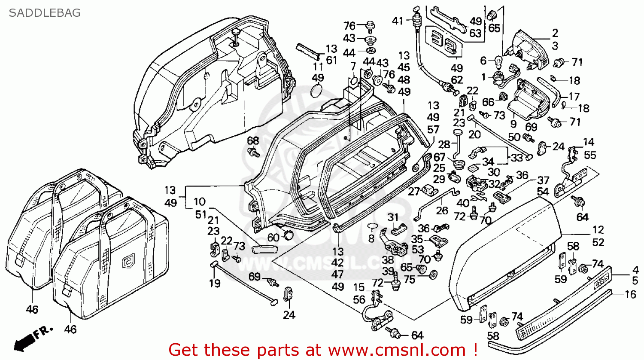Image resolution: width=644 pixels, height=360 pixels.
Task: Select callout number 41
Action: click(x=398, y=20)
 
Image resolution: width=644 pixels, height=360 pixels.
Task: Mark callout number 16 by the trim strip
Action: click(x=630, y=294)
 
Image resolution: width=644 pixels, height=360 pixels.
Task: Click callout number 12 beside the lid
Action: click(x=598, y=230)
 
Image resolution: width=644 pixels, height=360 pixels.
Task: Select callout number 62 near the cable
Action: click(x=457, y=80)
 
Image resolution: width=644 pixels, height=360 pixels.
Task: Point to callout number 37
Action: click(x=543, y=180)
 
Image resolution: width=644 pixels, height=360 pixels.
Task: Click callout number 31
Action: click(x=393, y=218)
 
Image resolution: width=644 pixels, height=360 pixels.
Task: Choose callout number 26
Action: click(x=442, y=211)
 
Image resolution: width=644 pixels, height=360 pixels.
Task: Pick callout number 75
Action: click(x=410, y=279)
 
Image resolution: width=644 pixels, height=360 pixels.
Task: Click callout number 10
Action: click(x=199, y=201)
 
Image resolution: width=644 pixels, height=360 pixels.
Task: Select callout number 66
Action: click(x=488, y=102)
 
